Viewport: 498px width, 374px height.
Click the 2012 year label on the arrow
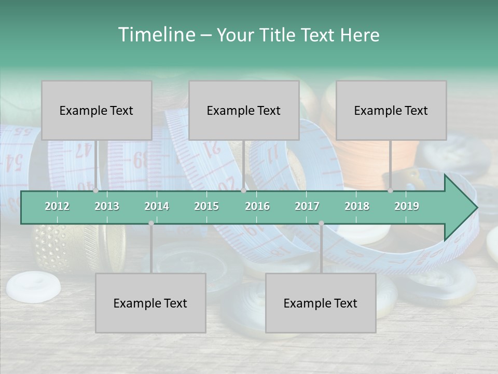pyautogui.click(x=57, y=206)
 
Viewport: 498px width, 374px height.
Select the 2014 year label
pyautogui.click(x=157, y=206)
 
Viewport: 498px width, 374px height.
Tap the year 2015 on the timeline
pyautogui.click(x=206, y=206)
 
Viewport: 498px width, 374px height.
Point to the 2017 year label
pyautogui.click(x=307, y=206)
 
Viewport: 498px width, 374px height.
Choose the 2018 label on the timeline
pyautogui.click(x=357, y=206)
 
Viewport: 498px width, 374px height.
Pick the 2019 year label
pyautogui.click(x=407, y=206)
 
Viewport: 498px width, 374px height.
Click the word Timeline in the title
pyautogui.click(x=156, y=35)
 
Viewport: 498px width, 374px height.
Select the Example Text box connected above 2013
pyautogui.click(x=96, y=110)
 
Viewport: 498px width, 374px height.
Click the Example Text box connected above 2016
pyautogui.click(x=244, y=110)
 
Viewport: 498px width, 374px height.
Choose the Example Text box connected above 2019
pyautogui.click(x=391, y=110)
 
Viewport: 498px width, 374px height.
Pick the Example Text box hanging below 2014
pyautogui.click(x=150, y=303)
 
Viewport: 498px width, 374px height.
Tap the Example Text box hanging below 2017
pyautogui.click(x=321, y=303)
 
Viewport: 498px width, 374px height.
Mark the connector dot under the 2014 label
pyautogui.click(x=151, y=223)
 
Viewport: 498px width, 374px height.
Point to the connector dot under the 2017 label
pyautogui.click(x=321, y=223)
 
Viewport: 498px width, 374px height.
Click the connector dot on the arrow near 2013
pyautogui.click(x=96, y=190)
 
